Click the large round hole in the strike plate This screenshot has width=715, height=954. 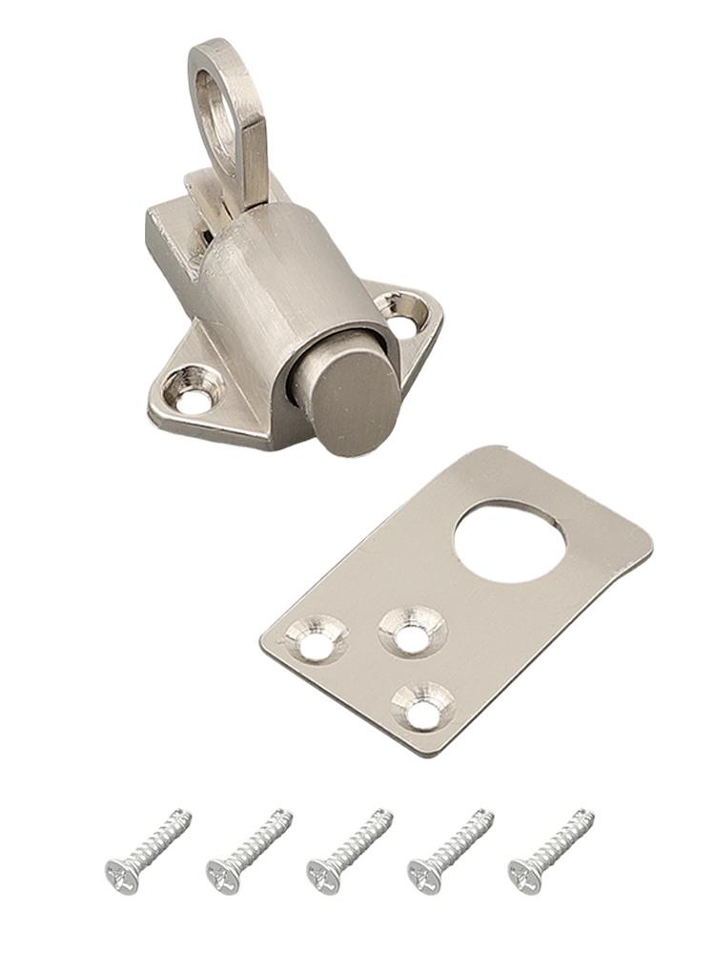click(x=509, y=540)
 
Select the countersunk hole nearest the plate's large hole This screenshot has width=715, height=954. click(x=412, y=633)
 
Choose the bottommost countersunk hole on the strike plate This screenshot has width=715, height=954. click(x=421, y=706)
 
